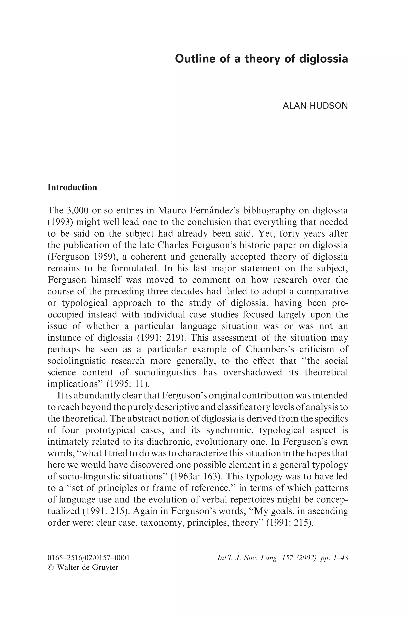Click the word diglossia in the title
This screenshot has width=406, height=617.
[x=324, y=59]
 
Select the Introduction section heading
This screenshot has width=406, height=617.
[x=72, y=187]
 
